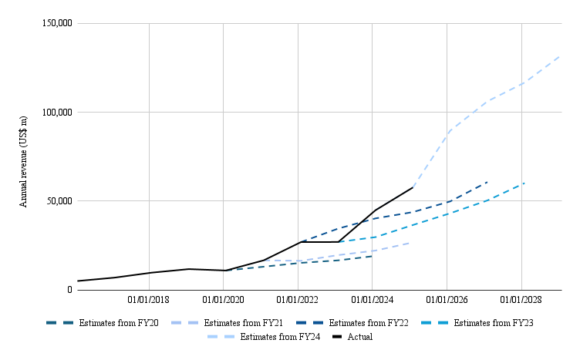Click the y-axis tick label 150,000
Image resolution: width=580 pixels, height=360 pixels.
[x=55, y=23]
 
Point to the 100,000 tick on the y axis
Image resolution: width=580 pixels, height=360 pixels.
[x=55, y=112]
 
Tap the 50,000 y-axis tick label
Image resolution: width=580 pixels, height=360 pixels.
[x=57, y=201]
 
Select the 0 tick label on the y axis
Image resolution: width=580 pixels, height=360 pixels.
[x=69, y=290]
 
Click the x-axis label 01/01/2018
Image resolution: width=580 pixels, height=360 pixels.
[x=149, y=299]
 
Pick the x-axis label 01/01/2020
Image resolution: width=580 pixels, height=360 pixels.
[x=224, y=299]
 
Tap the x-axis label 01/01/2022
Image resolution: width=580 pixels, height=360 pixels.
[x=298, y=299]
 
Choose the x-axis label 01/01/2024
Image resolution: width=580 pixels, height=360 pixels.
[x=373, y=299]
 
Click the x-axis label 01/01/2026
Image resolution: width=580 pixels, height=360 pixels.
[x=447, y=299]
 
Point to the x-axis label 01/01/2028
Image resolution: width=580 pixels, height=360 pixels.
[x=522, y=299]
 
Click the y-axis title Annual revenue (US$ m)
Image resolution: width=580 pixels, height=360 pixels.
[x=23, y=156]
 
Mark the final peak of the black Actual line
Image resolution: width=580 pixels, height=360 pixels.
[x=413, y=187]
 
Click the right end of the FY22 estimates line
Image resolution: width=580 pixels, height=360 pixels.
[x=487, y=182]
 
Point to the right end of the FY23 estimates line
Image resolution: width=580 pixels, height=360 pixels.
[x=524, y=183]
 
